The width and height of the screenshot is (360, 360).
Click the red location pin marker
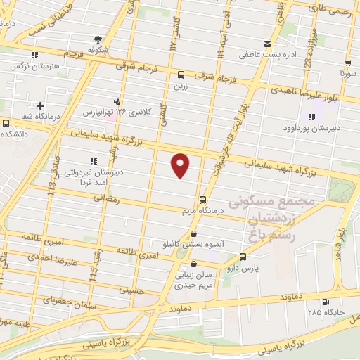(x=181, y=165)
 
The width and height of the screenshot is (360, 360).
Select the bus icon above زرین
(x=181, y=75)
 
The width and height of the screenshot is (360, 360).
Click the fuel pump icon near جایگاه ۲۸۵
(x=325, y=302)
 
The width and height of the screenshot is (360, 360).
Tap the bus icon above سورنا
(x=345, y=61)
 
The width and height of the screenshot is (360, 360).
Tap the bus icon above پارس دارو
(x=243, y=257)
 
